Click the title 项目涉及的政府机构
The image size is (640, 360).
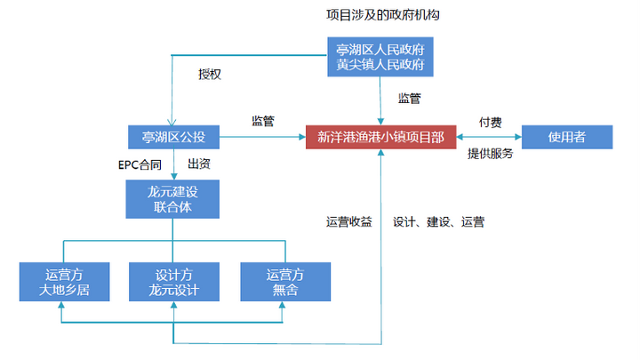click(383, 16)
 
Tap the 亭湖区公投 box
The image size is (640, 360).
click(173, 137)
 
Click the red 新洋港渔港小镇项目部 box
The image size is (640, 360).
click(381, 137)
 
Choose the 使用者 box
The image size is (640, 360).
click(566, 137)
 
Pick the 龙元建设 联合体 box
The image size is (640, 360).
click(173, 200)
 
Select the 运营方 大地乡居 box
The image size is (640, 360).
click(64, 282)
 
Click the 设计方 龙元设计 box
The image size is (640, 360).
click(173, 282)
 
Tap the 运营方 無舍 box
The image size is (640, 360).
click(284, 282)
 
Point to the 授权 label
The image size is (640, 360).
click(210, 74)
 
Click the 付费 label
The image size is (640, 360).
click(491, 121)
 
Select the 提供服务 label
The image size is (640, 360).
click(491, 154)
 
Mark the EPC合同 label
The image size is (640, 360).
click(140, 164)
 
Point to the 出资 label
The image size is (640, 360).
click(199, 164)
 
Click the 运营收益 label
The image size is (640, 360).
click(348, 221)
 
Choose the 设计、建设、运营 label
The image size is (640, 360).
click(437, 221)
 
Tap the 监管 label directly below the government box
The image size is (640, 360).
click(410, 97)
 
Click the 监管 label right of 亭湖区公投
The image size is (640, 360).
click(263, 121)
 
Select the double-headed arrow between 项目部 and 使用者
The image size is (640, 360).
click(488, 137)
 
